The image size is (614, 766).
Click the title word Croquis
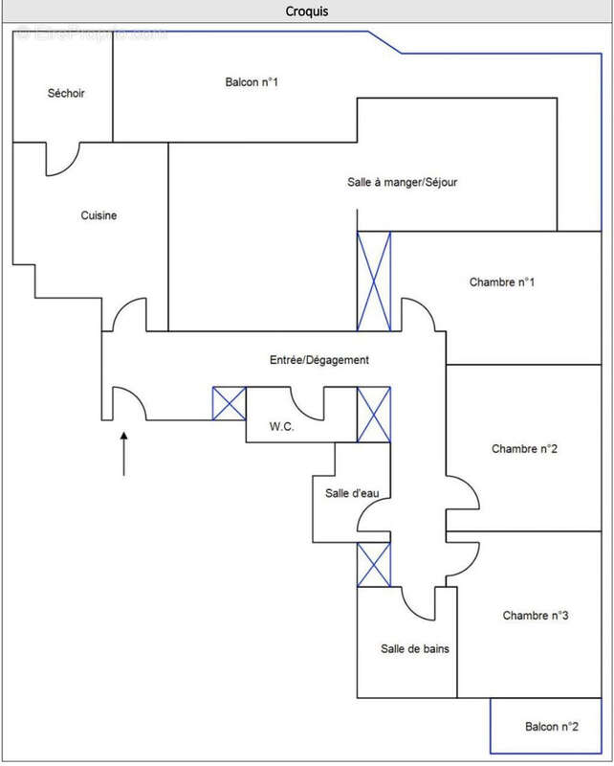point(307,11)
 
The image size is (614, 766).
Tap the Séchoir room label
point(66,93)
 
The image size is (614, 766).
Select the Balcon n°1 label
point(252,82)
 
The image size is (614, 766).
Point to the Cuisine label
point(99,215)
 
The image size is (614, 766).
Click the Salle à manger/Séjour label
point(402,181)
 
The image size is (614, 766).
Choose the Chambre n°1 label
point(502,282)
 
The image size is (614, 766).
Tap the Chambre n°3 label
point(536,616)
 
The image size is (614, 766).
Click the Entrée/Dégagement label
point(318,360)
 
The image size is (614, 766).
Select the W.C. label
point(281,426)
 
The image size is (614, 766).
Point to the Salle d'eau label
point(351,493)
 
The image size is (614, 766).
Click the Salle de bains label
point(415,648)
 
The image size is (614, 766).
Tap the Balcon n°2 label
point(552,727)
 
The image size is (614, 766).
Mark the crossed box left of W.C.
point(229,403)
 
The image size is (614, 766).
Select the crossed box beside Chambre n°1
point(374,282)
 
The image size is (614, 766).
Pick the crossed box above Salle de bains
point(374,565)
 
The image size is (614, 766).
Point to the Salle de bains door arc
point(418,603)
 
